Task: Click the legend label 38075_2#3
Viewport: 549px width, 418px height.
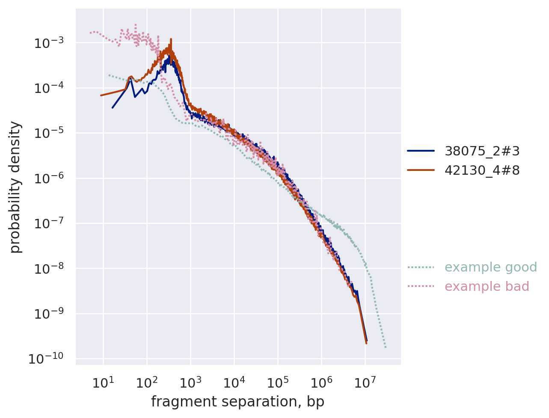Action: [482, 151]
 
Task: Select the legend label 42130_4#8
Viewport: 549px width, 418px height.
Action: [482, 170]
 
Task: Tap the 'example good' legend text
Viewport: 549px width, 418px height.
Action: [490, 267]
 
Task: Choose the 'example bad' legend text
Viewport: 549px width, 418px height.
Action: [487, 287]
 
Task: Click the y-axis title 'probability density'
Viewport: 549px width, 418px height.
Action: [15, 187]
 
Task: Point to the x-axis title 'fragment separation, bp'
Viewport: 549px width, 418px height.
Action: [237, 402]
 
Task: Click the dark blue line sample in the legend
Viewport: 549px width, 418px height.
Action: [421, 151]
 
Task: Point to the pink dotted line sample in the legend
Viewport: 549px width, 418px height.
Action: [421, 287]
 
